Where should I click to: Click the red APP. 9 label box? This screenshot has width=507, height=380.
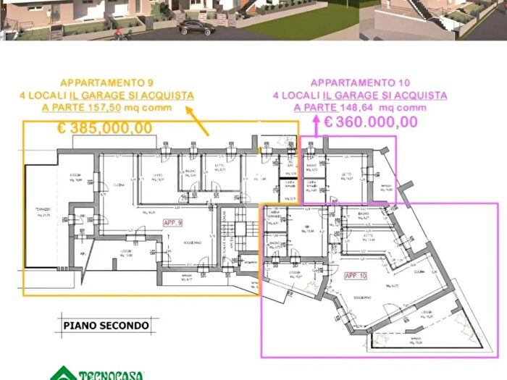pyautogui.click(x=172, y=223)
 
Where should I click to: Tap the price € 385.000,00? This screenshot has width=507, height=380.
pyautogui.click(x=105, y=128)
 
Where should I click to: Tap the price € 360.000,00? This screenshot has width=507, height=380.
pyautogui.click(x=370, y=122)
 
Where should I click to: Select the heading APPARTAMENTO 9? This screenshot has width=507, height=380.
pyautogui.click(x=106, y=83)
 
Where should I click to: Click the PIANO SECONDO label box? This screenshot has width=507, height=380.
pyautogui.click(x=105, y=325)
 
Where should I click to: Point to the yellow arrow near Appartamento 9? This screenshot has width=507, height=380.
pyautogui.click(x=197, y=121)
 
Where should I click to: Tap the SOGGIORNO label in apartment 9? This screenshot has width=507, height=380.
pyautogui.click(x=192, y=242)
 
